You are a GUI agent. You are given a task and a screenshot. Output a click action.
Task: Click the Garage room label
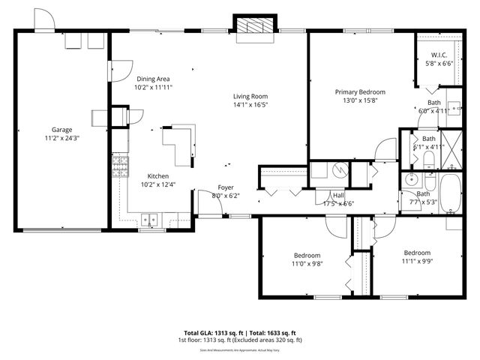coord(62,130)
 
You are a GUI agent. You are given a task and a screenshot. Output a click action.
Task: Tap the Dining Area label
coord(152,79)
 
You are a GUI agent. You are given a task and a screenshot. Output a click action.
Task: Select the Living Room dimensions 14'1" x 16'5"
coord(250,105)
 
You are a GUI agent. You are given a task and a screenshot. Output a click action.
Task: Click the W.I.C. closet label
coord(439,55)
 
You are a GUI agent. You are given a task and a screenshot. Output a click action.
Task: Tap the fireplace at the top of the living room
coord(255,25)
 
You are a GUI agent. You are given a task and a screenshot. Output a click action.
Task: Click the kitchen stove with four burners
coord(119,166)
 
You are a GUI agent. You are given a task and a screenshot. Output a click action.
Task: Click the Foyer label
coord(226,187)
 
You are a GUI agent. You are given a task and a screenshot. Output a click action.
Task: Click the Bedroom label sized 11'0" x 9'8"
coord(307,255)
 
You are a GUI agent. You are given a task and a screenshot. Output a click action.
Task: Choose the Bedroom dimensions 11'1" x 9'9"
coord(417,261)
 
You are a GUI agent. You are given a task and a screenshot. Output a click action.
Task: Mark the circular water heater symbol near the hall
coord(339,169)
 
